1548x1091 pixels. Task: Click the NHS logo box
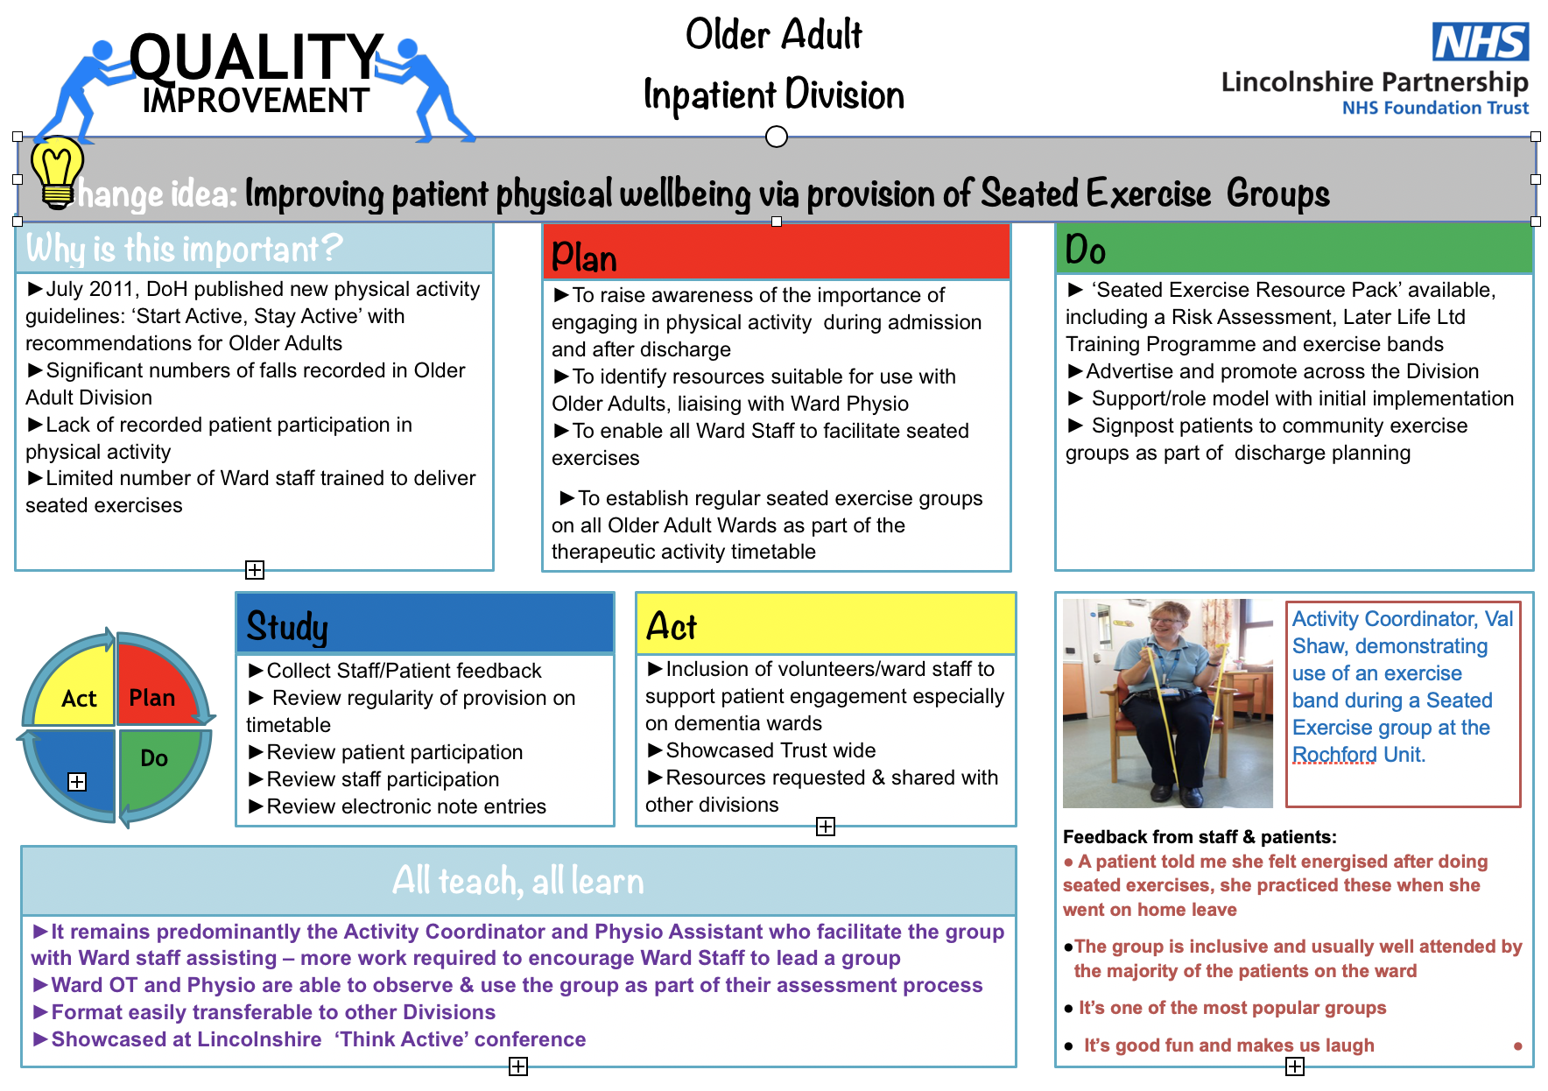(1480, 42)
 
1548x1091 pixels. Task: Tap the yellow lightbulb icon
(57, 172)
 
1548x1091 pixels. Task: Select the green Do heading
(1293, 250)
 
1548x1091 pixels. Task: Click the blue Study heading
(425, 624)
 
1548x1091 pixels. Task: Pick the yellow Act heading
(825, 624)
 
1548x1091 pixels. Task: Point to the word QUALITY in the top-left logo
(256, 57)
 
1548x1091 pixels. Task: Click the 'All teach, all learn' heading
(517, 880)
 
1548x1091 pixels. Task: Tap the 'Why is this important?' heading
(184, 249)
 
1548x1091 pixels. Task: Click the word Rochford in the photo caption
(1333, 754)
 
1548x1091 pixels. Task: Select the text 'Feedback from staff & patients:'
(1199, 836)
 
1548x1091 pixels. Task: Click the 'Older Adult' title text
(773, 35)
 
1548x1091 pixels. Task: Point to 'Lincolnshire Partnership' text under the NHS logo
(1374, 81)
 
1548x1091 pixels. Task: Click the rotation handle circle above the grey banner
(776, 137)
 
